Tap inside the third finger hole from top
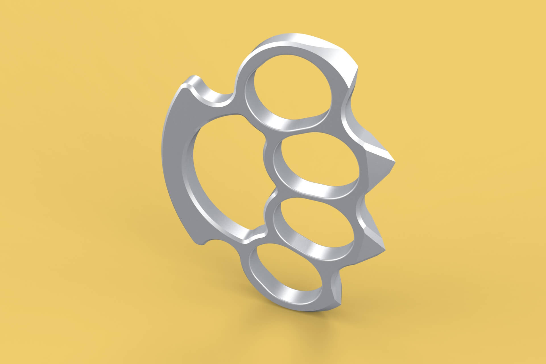click(x=313, y=230)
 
